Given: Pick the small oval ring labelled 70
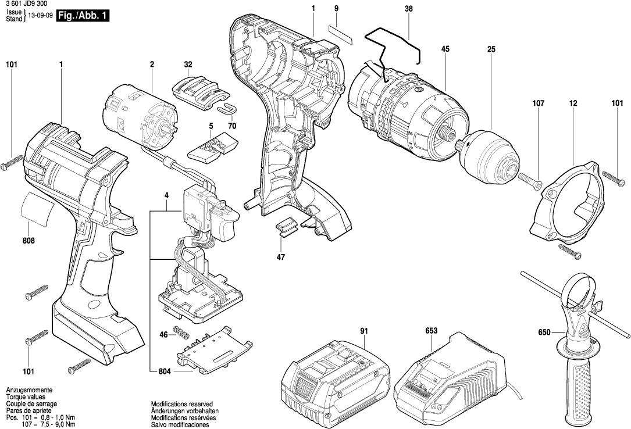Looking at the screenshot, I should (x=227, y=108).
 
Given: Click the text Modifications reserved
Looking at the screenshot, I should (x=181, y=403).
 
